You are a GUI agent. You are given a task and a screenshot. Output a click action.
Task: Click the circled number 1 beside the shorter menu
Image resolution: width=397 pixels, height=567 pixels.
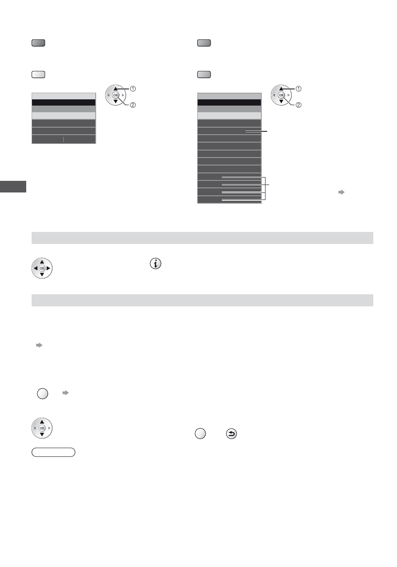(x=133, y=89)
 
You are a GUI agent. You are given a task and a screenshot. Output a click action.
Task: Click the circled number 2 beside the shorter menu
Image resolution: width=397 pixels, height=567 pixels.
(x=133, y=105)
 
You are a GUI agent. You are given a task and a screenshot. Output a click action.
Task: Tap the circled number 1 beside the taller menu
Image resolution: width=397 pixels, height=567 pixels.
(x=298, y=89)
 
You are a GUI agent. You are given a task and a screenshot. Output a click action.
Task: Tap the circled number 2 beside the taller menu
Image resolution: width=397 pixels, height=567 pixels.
(x=298, y=105)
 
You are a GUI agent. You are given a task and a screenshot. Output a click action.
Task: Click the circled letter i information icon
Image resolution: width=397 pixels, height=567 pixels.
(x=156, y=264)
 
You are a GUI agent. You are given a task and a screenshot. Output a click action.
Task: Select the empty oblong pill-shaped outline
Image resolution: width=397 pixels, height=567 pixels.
(x=53, y=452)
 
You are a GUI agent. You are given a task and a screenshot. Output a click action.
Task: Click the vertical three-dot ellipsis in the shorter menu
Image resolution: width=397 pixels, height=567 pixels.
(x=63, y=139)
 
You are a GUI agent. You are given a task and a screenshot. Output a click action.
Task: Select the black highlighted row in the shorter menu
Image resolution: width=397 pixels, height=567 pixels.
(x=64, y=102)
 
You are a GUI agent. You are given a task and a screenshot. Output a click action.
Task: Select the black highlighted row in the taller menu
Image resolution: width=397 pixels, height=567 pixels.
(x=229, y=102)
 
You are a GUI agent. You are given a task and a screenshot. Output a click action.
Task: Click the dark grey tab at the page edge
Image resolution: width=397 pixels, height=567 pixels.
(x=13, y=187)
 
